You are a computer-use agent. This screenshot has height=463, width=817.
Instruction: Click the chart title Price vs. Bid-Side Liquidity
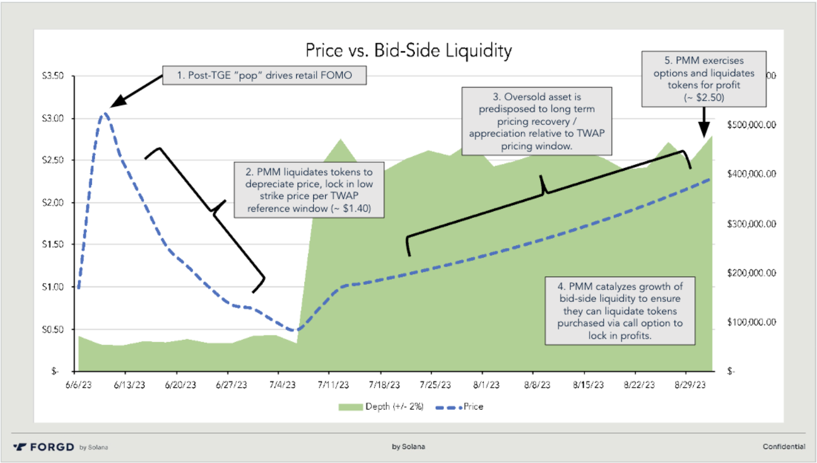(x=408, y=51)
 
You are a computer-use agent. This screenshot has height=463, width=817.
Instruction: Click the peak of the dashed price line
(x=104, y=114)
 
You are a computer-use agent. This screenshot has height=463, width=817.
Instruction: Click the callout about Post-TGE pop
(x=264, y=75)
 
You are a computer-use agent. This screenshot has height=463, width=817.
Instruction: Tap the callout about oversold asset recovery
(x=537, y=120)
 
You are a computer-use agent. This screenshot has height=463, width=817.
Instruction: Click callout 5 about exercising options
(x=705, y=79)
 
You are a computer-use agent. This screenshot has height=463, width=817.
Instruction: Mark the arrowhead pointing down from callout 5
(x=703, y=133)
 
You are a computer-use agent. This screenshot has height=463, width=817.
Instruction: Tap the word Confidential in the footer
(x=784, y=447)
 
